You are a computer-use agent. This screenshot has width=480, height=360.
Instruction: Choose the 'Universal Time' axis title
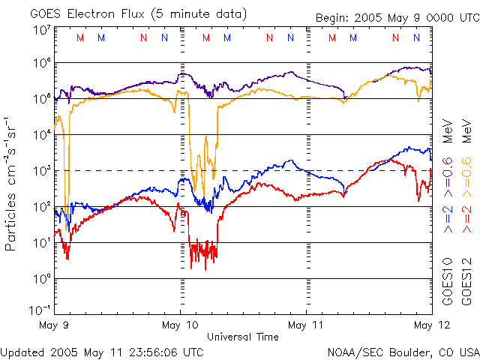243,337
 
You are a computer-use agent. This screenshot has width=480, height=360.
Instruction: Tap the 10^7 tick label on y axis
42,30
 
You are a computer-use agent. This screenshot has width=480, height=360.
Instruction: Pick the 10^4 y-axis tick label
42,134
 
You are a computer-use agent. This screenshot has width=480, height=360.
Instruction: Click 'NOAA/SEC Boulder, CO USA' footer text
403,351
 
